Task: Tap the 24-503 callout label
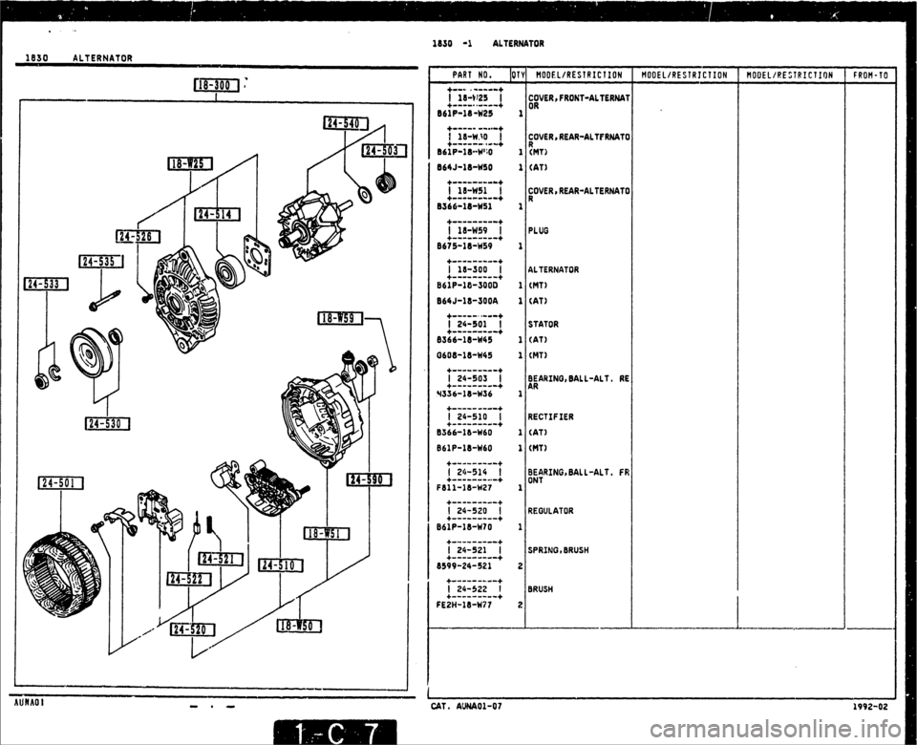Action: coord(384,149)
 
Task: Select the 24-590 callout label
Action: coord(376,479)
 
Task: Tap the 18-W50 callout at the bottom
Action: coord(299,627)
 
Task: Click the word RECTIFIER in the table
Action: coord(550,416)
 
